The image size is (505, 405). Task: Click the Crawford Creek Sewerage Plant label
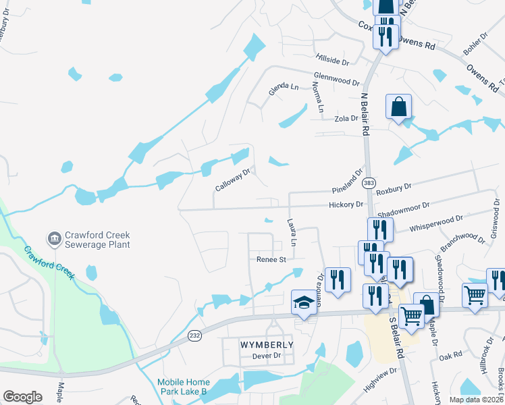[97, 240]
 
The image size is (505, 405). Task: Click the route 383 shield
[369, 182]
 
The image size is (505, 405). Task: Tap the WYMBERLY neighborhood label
[267, 345]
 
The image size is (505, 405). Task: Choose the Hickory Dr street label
[346, 204]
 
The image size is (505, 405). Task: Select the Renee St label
[271, 259]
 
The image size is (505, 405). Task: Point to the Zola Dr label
[346, 118]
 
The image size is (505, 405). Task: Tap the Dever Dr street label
[265, 356]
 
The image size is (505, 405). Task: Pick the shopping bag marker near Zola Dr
[398, 106]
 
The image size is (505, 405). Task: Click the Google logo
[22, 397]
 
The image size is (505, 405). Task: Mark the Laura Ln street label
[292, 232]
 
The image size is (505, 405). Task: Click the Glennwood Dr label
[336, 81]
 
